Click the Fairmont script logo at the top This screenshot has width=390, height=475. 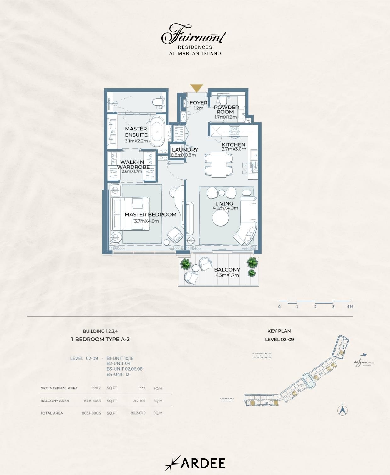pyautogui.click(x=195, y=35)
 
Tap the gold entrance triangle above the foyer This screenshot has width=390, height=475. pyautogui.click(x=197, y=88)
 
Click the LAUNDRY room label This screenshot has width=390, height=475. pyautogui.click(x=185, y=150)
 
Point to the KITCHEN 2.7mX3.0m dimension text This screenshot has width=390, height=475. pyautogui.click(x=234, y=149)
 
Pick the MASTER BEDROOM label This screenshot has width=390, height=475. pyautogui.click(x=150, y=215)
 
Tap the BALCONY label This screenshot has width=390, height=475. pyautogui.click(x=227, y=270)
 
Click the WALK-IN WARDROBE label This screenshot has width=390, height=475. pyautogui.click(x=133, y=165)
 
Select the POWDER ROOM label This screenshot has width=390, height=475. pyautogui.click(x=226, y=109)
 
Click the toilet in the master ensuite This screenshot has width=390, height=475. pyautogui.click(x=157, y=102)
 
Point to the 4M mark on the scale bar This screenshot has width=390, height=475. pyautogui.click(x=350, y=307)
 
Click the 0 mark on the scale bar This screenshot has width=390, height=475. pyautogui.click(x=279, y=307)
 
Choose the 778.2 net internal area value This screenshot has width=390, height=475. pyautogui.click(x=96, y=388)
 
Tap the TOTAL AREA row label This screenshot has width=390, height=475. pyautogui.click(x=52, y=413)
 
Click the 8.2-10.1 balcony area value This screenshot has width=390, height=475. pyautogui.click(x=138, y=401)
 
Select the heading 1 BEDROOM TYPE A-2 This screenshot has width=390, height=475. pyautogui.click(x=100, y=339)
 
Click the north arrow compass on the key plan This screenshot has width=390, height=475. pyautogui.click(x=342, y=410)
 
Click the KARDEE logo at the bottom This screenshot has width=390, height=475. pyautogui.click(x=195, y=463)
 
